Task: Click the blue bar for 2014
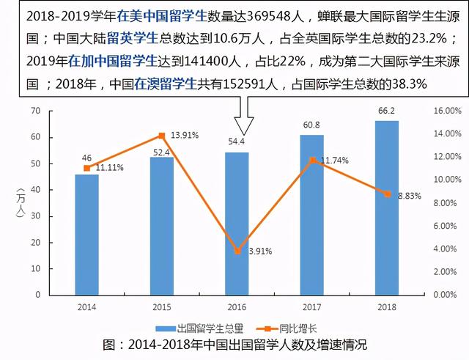click(x=86, y=235)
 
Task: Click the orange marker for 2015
click(x=161, y=136)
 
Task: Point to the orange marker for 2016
click(x=237, y=251)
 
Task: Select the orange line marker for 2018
click(x=387, y=194)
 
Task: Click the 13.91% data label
click(x=185, y=136)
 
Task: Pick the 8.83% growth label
click(x=410, y=196)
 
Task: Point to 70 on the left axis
click(x=34, y=111)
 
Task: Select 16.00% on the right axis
click(x=446, y=111)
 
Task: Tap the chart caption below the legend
click(x=234, y=345)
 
